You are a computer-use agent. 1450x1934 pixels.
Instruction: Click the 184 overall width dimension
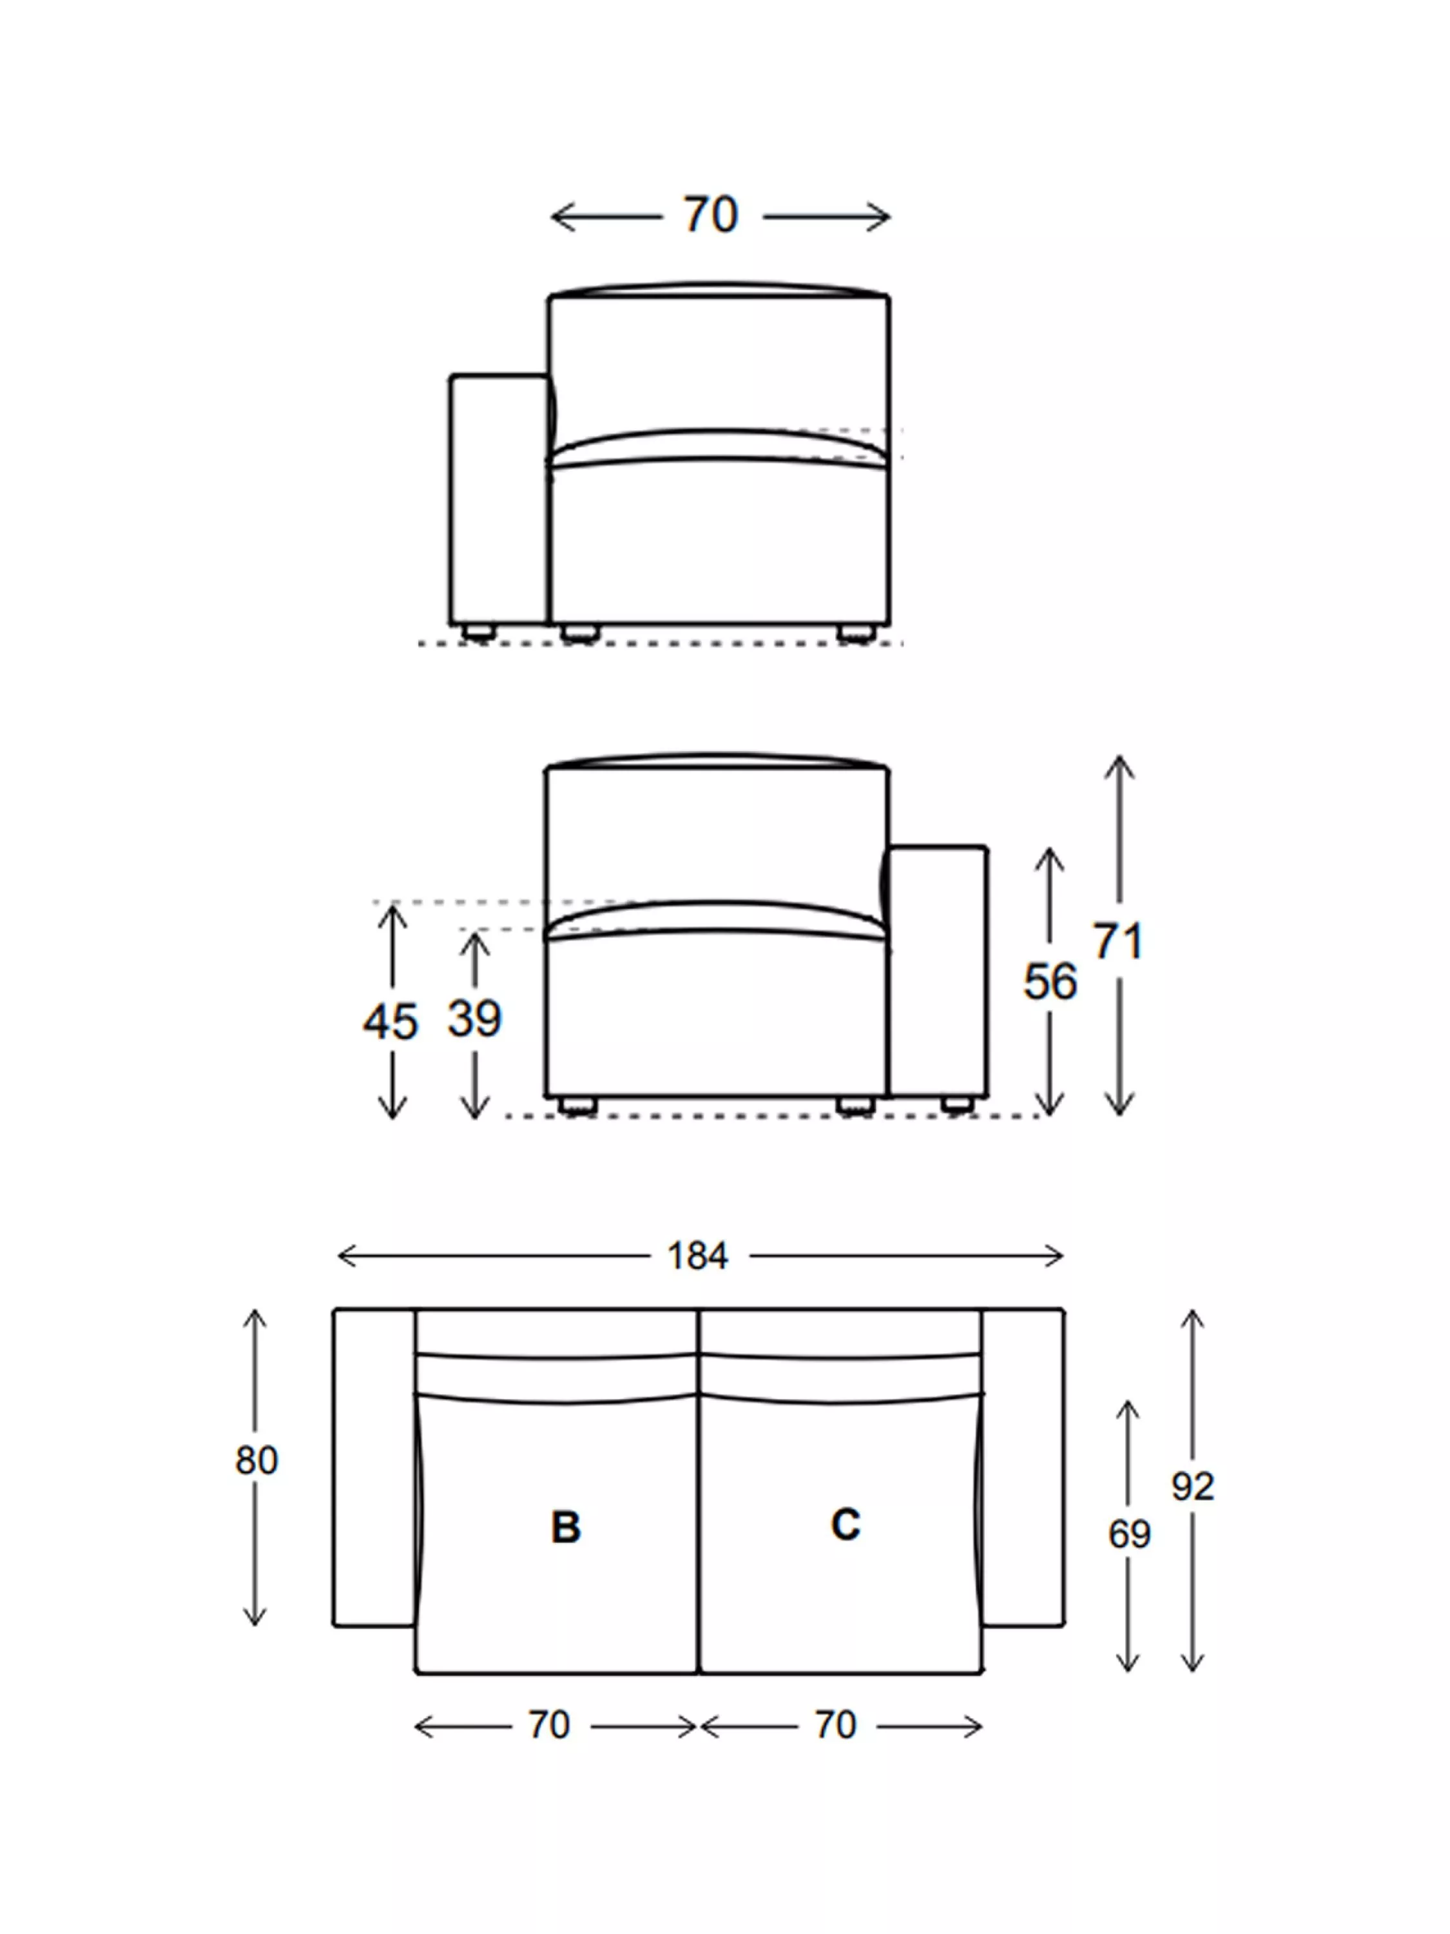[697, 1256]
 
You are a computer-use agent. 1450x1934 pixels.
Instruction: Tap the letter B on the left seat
[565, 1527]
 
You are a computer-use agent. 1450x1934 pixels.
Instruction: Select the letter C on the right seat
[845, 1524]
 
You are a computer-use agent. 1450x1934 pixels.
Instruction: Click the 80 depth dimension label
[256, 1460]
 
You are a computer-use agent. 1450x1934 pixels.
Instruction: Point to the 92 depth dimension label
[1192, 1487]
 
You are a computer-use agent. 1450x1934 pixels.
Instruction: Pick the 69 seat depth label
[1129, 1534]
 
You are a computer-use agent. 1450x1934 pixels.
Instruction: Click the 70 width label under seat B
[549, 1725]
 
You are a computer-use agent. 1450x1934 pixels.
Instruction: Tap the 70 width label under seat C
[836, 1725]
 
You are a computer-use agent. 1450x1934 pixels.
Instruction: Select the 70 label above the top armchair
[711, 215]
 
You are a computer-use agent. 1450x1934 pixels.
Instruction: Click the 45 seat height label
[391, 1021]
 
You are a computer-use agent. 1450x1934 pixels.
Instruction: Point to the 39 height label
[474, 1019]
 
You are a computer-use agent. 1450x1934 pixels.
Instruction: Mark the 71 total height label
[1118, 942]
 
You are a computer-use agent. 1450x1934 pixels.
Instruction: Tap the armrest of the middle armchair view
[938, 970]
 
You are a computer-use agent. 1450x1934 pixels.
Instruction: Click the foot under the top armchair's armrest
[478, 631]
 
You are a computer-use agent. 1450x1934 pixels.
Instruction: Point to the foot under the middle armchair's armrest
[957, 1104]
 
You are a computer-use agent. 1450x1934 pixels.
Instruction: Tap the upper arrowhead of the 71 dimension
[1119, 766]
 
